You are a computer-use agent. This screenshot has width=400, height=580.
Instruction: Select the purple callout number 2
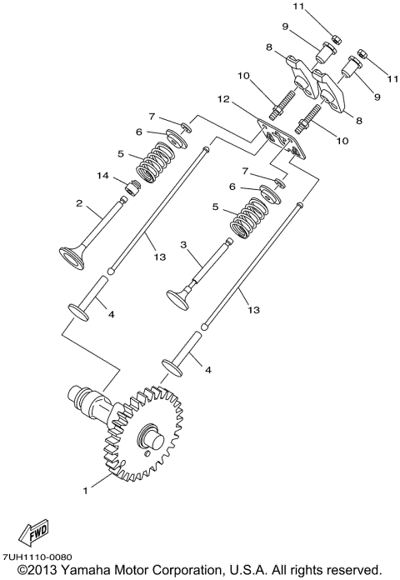pyautogui.click(x=79, y=202)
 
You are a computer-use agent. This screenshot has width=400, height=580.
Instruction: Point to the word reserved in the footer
pyautogui.click(x=352, y=569)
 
